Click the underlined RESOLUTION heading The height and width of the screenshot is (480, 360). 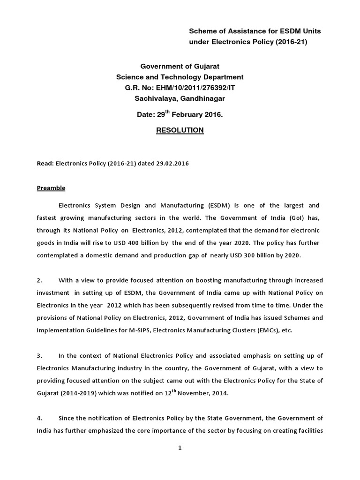(180, 130)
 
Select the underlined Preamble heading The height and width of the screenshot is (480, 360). (51, 188)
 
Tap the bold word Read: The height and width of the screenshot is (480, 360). (45, 164)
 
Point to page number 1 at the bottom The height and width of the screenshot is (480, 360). (180, 448)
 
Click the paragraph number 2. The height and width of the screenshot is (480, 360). (39, 280)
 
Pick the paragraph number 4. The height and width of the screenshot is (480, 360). (39, 418)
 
